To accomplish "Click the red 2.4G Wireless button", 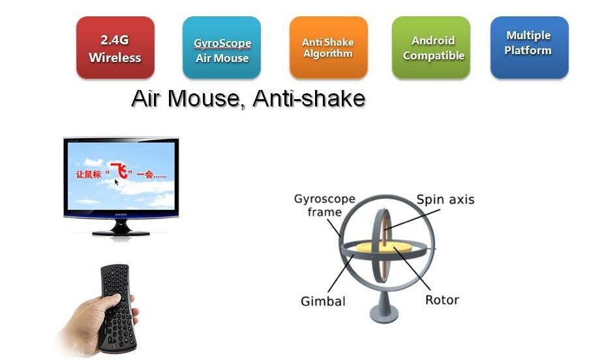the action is point(115,47).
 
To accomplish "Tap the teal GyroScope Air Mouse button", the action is point(222,48).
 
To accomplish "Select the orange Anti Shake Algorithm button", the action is point(328,47).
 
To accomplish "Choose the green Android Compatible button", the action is point(430,47).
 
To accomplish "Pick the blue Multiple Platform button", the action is point(530,47).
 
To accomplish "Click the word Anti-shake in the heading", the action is point(309,98).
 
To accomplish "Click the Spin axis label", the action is point(445,200).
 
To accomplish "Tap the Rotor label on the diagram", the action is point(442,300).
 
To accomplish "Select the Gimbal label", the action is point(323,301).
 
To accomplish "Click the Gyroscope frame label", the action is point(325,205).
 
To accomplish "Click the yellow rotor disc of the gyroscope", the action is point(384,247).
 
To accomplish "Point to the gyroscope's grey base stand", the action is point(384,307).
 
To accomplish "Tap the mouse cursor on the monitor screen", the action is point(117,183).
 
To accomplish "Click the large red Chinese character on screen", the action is point(119,171).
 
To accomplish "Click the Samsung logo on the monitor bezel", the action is point(121,215).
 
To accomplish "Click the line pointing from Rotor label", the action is point(412,269).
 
